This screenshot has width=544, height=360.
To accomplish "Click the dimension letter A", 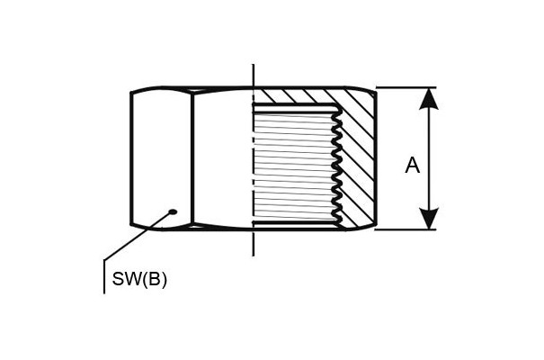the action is [x=412, y=166].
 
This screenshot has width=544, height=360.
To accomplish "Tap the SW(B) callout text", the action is [x=139, y=279].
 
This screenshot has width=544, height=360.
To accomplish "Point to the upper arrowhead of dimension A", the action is [x=429, y=99].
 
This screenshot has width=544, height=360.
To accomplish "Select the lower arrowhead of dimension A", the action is [x=429, y=219].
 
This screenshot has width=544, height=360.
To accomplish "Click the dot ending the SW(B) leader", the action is [x=173, y=211].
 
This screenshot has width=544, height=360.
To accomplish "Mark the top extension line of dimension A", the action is [x=406, y=87].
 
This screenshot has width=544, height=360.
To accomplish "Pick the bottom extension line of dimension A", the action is [x=406, y=229].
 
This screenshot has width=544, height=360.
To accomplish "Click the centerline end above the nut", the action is [x=254, y=65].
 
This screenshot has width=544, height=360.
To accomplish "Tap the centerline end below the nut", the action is [x=254, y=256].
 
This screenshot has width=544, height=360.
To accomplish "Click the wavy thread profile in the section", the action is [x=336, y=165].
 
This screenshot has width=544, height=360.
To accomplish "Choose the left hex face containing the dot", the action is [x=161, y=158].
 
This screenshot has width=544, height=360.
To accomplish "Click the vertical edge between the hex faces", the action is [x=192, y=158].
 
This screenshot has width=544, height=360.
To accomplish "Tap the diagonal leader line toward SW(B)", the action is [x=138, y=236].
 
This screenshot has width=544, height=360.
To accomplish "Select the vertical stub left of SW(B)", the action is [x=104, y=276].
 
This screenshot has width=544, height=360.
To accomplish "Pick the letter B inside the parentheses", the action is [x=154, y=279].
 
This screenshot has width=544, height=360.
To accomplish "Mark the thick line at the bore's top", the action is [x=295, y=104].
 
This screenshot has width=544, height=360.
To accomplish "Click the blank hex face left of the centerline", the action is [x=223, y=158].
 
